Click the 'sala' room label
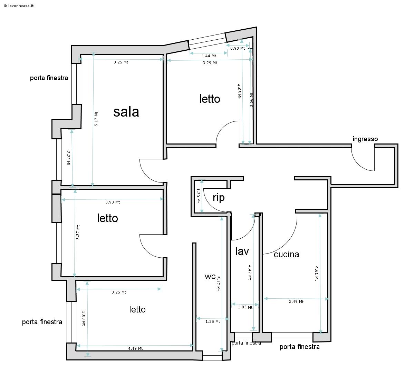[x=126, y=112]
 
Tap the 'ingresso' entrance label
[x=365, y=139]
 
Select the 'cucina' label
[x=286, y=255]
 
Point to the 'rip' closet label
[x=219, y=198]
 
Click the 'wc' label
[x=210, y=277]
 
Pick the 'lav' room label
[x=242, y=251]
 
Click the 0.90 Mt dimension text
[x=238, y=48]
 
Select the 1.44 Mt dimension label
[x=209, y=56]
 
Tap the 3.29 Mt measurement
[x=210, y=63]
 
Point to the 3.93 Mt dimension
[x=113, y=202]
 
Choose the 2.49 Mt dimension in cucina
[x=296, y=301]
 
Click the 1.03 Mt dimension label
[x=245, y=307]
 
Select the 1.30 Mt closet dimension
[x=198, y=195]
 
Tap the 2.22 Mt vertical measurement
[x=68, y=158]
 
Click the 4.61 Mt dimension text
[x=317, y=273]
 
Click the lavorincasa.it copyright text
[x=19, y=6]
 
